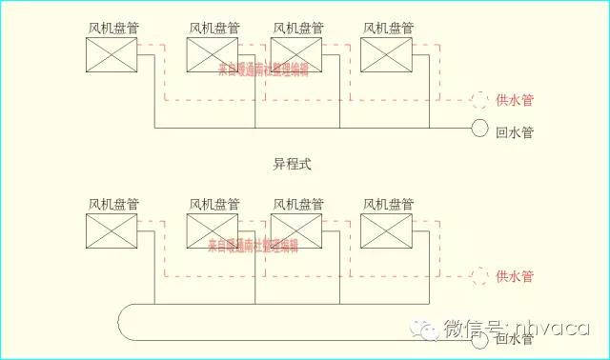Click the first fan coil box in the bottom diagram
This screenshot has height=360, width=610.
[x=112, y=231]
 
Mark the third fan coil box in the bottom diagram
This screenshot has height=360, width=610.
[x=295, y=231]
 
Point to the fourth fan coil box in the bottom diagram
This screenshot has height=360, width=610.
[x=386, y=231]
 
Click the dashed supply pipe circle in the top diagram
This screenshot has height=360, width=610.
[x=479, y=99]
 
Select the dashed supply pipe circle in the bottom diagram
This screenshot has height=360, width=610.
[x=479, y=277]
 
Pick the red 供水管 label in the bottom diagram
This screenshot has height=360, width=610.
[x=516, y=277]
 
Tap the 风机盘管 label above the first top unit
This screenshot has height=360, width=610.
[x=112, y=28]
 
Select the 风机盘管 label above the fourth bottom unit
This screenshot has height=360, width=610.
[x=387, y=204]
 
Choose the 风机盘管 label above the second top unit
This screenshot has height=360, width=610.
[x=213, y=28]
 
